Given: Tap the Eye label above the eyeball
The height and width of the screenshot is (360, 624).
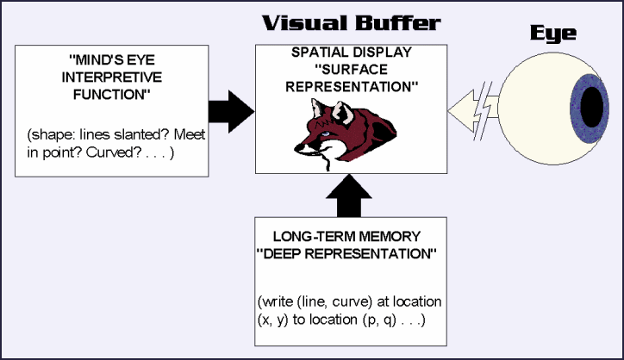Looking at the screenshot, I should [553, 35].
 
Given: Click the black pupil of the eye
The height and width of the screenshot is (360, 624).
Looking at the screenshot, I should [591, 106].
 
